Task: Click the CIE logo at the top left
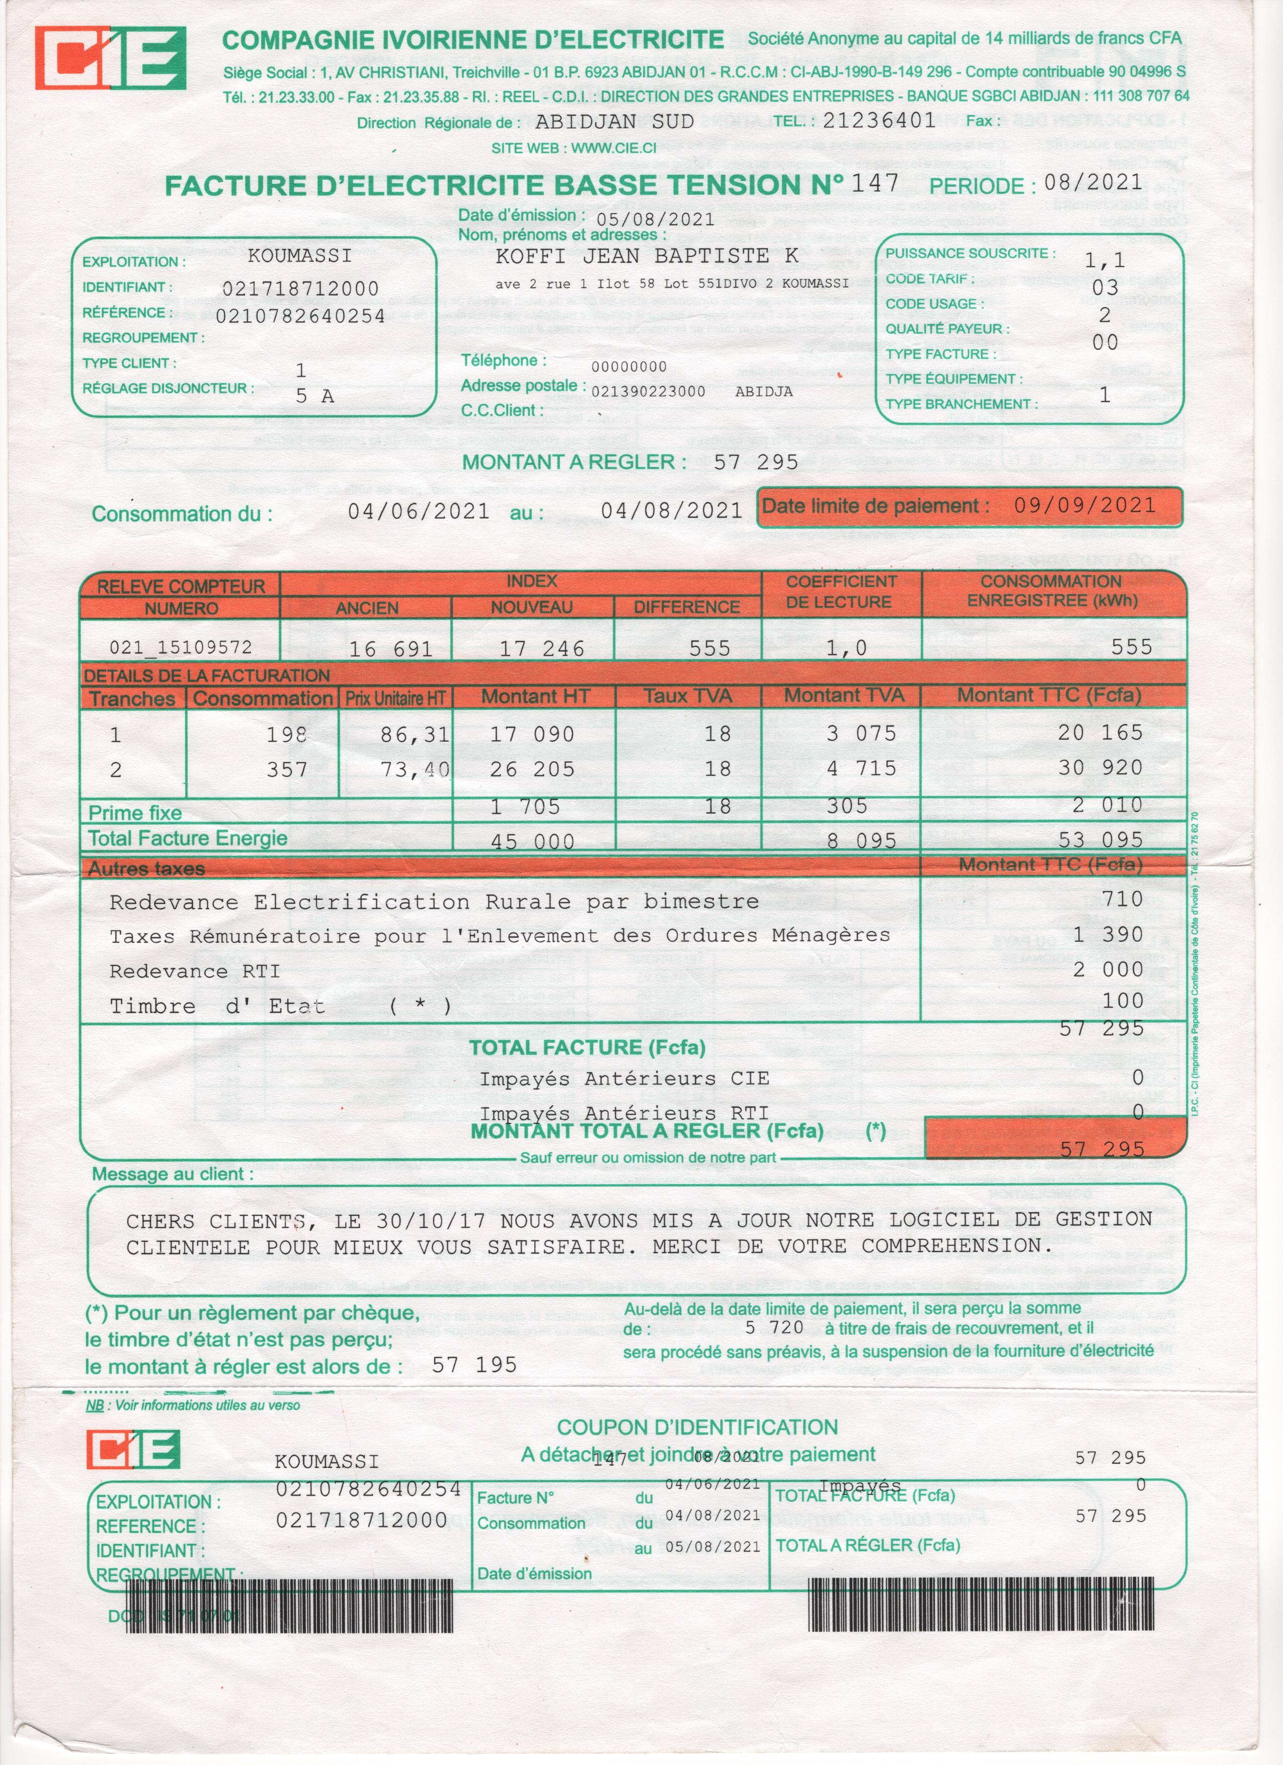(x=110, y=58)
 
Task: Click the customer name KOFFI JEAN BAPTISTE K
(x=647, y=256)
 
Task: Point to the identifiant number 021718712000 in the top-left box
(x=300, y=289)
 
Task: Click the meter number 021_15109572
(x=181, y=648)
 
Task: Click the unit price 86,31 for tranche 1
(x=415, y=735)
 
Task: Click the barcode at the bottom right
(x=981, y=1606)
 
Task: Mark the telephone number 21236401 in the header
(x=879, y=120)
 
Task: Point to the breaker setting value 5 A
(x=314, y=396)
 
